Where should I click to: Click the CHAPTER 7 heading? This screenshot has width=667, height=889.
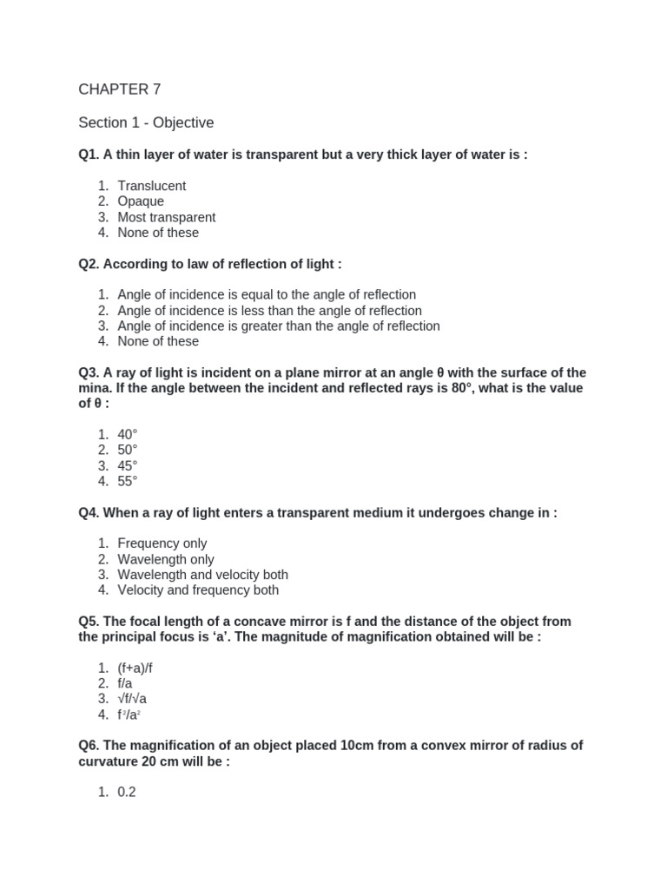pyautogui.click(x=119, y=89)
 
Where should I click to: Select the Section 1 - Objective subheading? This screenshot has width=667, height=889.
pyautogui.click(x=146, y=122)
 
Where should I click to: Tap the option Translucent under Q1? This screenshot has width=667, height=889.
pyautogui.click(x=151, y=186)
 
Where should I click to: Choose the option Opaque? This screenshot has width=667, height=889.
pyautogui.click(x=141, y=201)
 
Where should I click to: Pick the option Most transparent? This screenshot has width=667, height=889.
pyautogui.click(x=166, y=217)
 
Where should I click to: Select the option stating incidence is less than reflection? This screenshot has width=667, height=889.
pyautogui.click(x=269, y=311)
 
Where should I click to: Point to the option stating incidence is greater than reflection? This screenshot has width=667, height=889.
pyautogui.click(x=278, y=326)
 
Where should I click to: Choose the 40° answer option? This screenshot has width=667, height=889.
pyautogui.click(x=128, y=434)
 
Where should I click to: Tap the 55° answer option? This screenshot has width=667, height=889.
pyautogui.click(x=128, y=481)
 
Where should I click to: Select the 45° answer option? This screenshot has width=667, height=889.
pyautogui.click(x=128, y=465)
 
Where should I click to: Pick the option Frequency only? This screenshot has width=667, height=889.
pyautogui.click(x=162, y=543)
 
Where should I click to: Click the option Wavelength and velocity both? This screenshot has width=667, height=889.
pyautogui.click(x=202, y=575)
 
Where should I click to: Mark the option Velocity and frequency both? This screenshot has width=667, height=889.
pyautogui.click(x=198, y=590)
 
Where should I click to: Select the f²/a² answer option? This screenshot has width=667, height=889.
pyautogui.click(x=129, y=715)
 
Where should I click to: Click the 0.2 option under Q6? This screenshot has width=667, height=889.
pyautogui.click(x=127, y=792)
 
